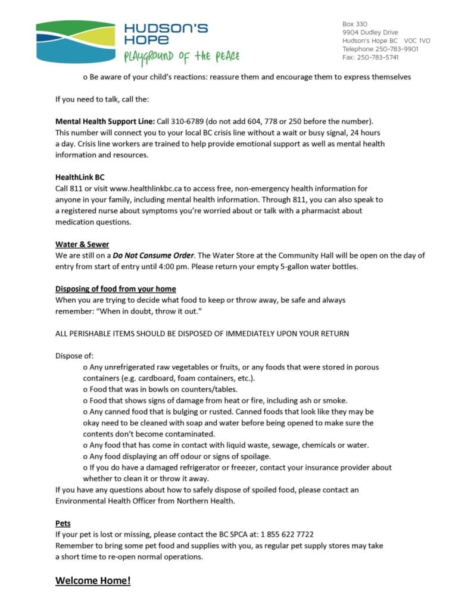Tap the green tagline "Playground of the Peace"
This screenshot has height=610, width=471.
coord(182,57)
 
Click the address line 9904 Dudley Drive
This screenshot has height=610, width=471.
coord(370,32)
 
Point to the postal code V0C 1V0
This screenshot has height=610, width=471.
coord(416,41)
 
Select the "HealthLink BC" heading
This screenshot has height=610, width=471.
coord(80,177)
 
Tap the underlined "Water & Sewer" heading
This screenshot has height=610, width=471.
coord(82,244)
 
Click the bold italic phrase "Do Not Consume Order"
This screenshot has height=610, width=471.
coord(154,256)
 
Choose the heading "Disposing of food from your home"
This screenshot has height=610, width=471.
coord(116,289)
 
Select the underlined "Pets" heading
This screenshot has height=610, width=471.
coord(63,523)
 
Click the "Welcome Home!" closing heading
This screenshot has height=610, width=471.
coord(93,580)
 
